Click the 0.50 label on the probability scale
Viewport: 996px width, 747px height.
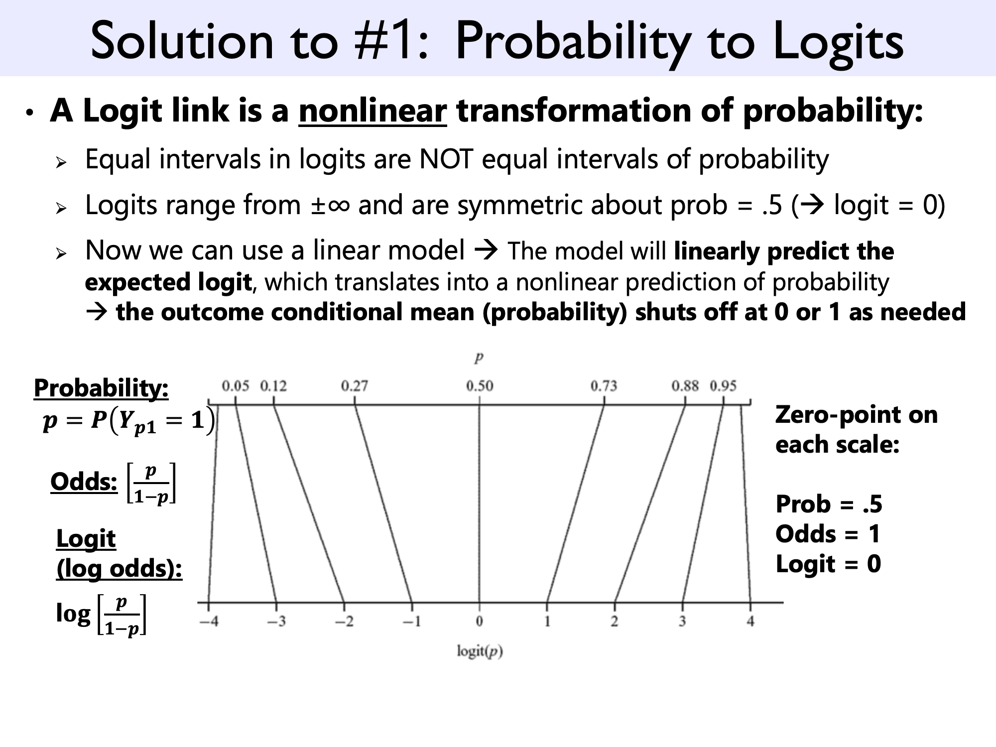tap(480, 386)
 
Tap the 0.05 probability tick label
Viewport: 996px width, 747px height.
tap(235, 386)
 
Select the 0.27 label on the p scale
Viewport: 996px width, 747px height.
tap(355, 386)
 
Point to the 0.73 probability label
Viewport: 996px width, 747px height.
tap(604, 386)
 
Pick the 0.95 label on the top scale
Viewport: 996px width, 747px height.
tap(723, 386)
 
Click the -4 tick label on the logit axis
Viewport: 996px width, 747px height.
tap(209, 622)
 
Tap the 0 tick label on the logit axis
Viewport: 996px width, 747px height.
tap(479, 622)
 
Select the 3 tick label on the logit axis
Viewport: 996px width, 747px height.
tap(682, 622)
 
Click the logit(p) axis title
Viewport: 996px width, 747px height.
tap(480, 651)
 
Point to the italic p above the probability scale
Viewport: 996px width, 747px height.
tap(479, 358)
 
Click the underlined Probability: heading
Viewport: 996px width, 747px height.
tap(101, 388)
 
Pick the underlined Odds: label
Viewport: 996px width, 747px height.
tap(84, 482)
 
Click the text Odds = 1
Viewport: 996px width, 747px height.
tap(828, 534)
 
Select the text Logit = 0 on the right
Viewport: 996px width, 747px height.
tap(828, 564)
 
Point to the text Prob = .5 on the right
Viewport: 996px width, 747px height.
tap(829, 504)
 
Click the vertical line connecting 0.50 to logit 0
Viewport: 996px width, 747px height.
tap(480, 503)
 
